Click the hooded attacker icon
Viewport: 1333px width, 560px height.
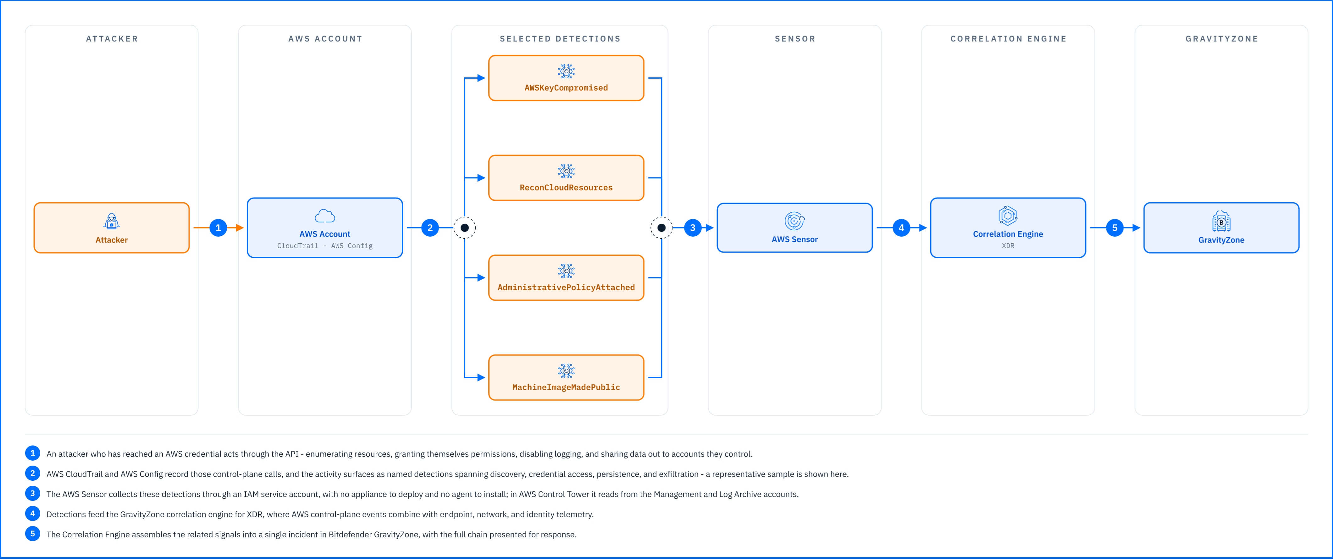click(111, 221)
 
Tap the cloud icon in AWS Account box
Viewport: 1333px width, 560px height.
click(325, 216)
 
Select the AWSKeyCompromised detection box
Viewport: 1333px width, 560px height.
click(566, 78)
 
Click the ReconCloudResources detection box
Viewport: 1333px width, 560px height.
click(566, 178)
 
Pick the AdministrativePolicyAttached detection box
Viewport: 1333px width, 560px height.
click(566, 278)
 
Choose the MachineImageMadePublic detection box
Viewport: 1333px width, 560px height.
click(566, 378)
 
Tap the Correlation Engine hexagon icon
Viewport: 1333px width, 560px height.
click(1008, 216)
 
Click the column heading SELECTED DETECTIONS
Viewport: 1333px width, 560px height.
click(560, 39)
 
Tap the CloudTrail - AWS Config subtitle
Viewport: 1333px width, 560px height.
click(325, 245)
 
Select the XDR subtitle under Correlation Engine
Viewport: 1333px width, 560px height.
click(1008, 245)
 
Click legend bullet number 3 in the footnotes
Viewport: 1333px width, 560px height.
click(33, 494)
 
